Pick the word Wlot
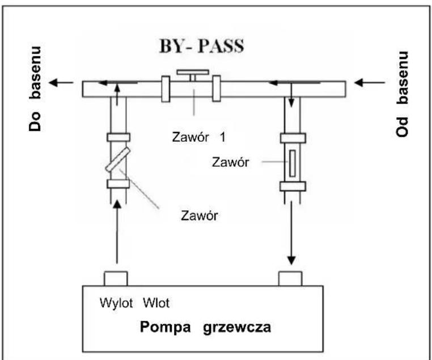[154, 303]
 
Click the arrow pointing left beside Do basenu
[62, 83]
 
